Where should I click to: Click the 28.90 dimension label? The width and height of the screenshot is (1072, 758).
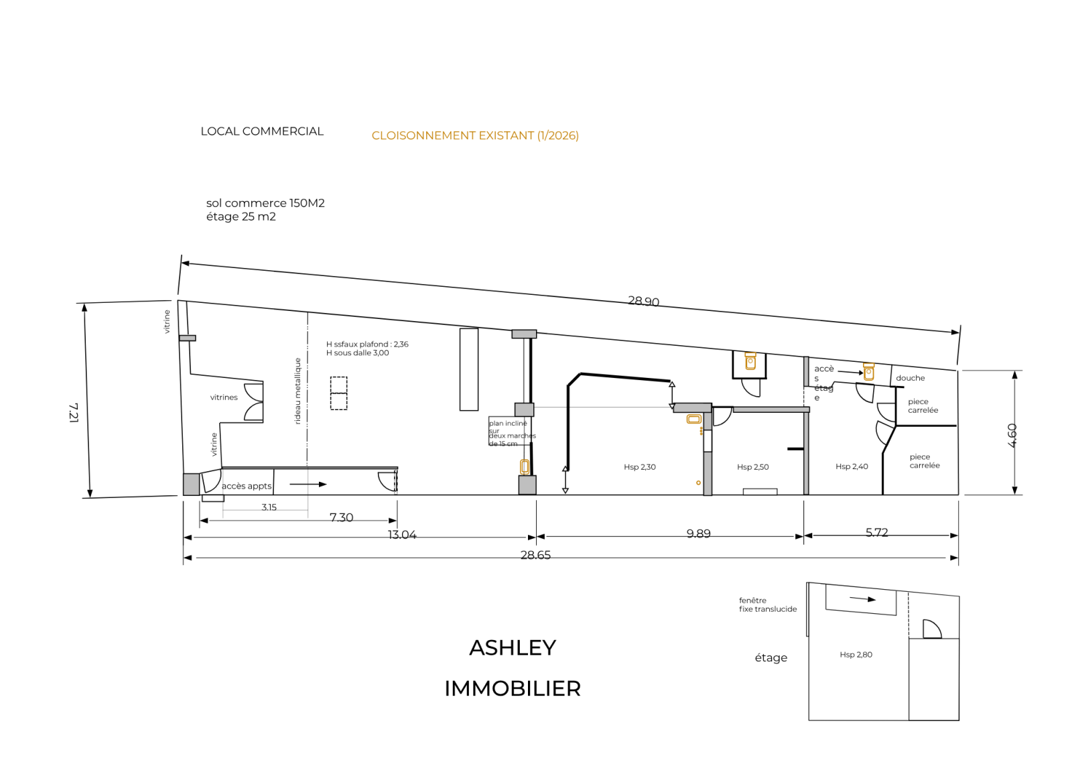[x=643, y=302]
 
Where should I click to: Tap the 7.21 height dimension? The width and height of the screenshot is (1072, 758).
[x=74, y=412]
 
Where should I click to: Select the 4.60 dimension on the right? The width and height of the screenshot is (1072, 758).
[x=1012, y=435]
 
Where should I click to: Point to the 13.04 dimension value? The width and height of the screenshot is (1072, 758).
[x=402, y=535]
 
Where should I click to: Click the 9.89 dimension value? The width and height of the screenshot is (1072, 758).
[x=698, y=533]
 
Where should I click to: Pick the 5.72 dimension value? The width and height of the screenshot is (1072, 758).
[x=876, y=532]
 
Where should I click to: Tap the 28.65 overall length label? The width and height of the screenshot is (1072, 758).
[x=535, y=555]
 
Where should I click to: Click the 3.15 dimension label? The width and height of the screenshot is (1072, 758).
[x=269, y=507]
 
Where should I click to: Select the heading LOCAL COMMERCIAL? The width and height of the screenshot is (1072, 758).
[x=262, y=131]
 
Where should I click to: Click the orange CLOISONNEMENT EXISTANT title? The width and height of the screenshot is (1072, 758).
[x=475, y=135]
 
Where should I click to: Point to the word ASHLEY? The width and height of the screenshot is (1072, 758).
[x=513, y=647]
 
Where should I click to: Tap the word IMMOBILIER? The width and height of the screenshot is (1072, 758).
[x=513, y=688]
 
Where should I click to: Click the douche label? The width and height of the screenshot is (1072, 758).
[x=910, y=378]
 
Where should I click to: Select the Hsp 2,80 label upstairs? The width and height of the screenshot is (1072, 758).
[x=856, y=655]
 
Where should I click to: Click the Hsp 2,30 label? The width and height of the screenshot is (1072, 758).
[x=639, y=467]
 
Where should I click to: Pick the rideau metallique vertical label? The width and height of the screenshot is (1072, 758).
[x=298, y=391]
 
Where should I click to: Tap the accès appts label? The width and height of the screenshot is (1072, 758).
[x=247, y=486]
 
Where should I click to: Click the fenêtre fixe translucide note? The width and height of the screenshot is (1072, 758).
[x=768, y=605]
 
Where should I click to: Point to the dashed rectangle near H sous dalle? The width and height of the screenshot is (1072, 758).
[x=338, y=393]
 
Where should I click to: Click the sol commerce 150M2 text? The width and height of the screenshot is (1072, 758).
[x=265, y=203]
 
